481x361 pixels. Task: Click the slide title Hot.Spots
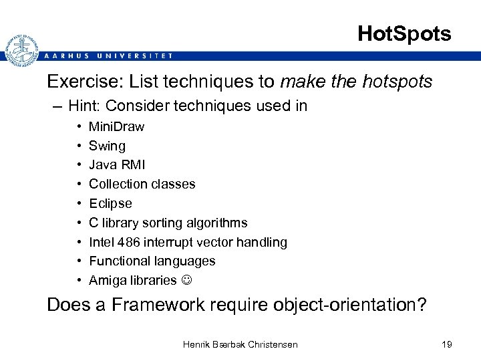click(404, 33)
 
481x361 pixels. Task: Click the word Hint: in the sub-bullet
click(86, 106)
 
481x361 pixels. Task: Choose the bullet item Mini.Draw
click(116, 126)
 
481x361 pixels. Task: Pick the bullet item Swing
click(107, 146)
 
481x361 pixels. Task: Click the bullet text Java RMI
click(117, 164)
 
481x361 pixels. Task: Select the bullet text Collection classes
click(142, 184)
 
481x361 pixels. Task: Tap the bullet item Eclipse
click(110, 203)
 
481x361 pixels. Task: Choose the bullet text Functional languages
click(152, 261)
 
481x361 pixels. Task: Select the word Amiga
click(106, 280)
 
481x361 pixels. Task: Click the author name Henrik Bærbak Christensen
click(240, 344)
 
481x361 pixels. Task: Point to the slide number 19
click(446, 344)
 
